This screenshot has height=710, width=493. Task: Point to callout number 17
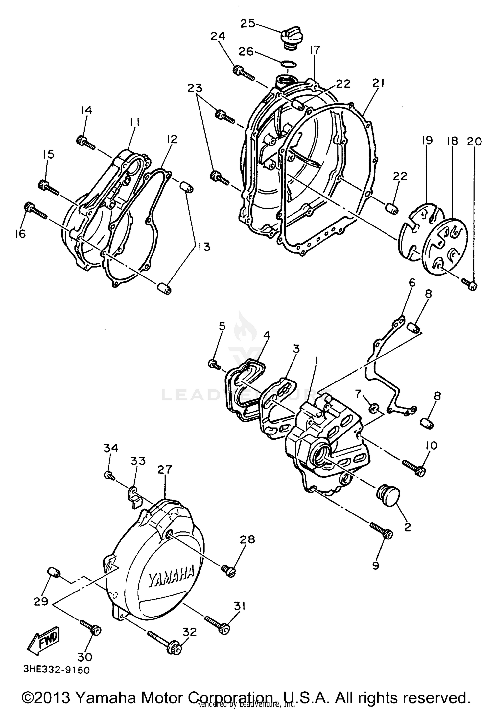315,50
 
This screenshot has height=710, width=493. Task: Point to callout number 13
204,247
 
